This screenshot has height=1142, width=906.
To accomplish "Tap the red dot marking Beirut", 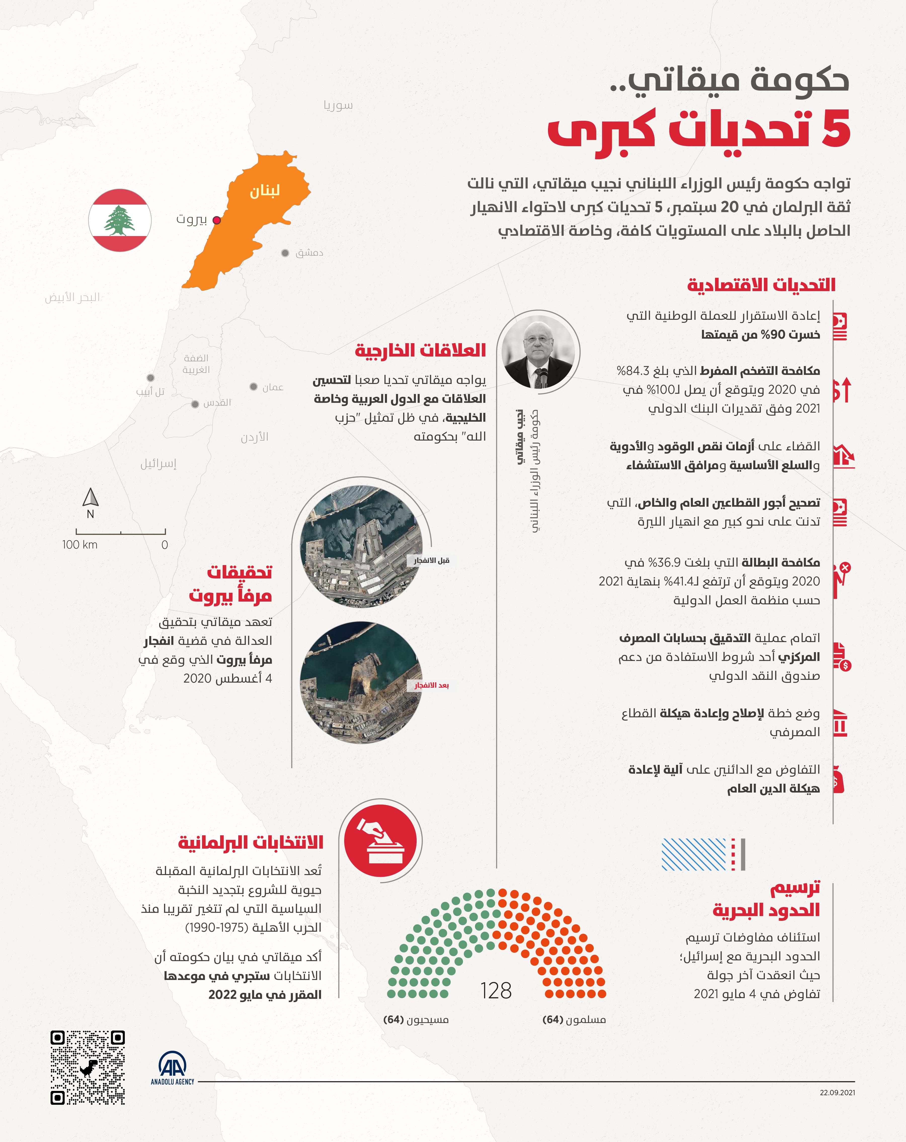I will pyautogui.click(x=216, y=220).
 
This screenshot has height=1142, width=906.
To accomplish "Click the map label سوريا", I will pyautogui.click(x=338, y=105).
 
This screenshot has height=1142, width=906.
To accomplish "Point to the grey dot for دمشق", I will pyautogui.click(x=285, y=253).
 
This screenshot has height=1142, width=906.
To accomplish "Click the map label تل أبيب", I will pyautogui.click(x=150, y=391).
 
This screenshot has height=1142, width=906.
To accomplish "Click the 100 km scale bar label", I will pyautogui.click(x=80, y=544).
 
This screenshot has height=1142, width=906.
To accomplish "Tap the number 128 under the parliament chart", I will pyautogui.click(x=496, y=991).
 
